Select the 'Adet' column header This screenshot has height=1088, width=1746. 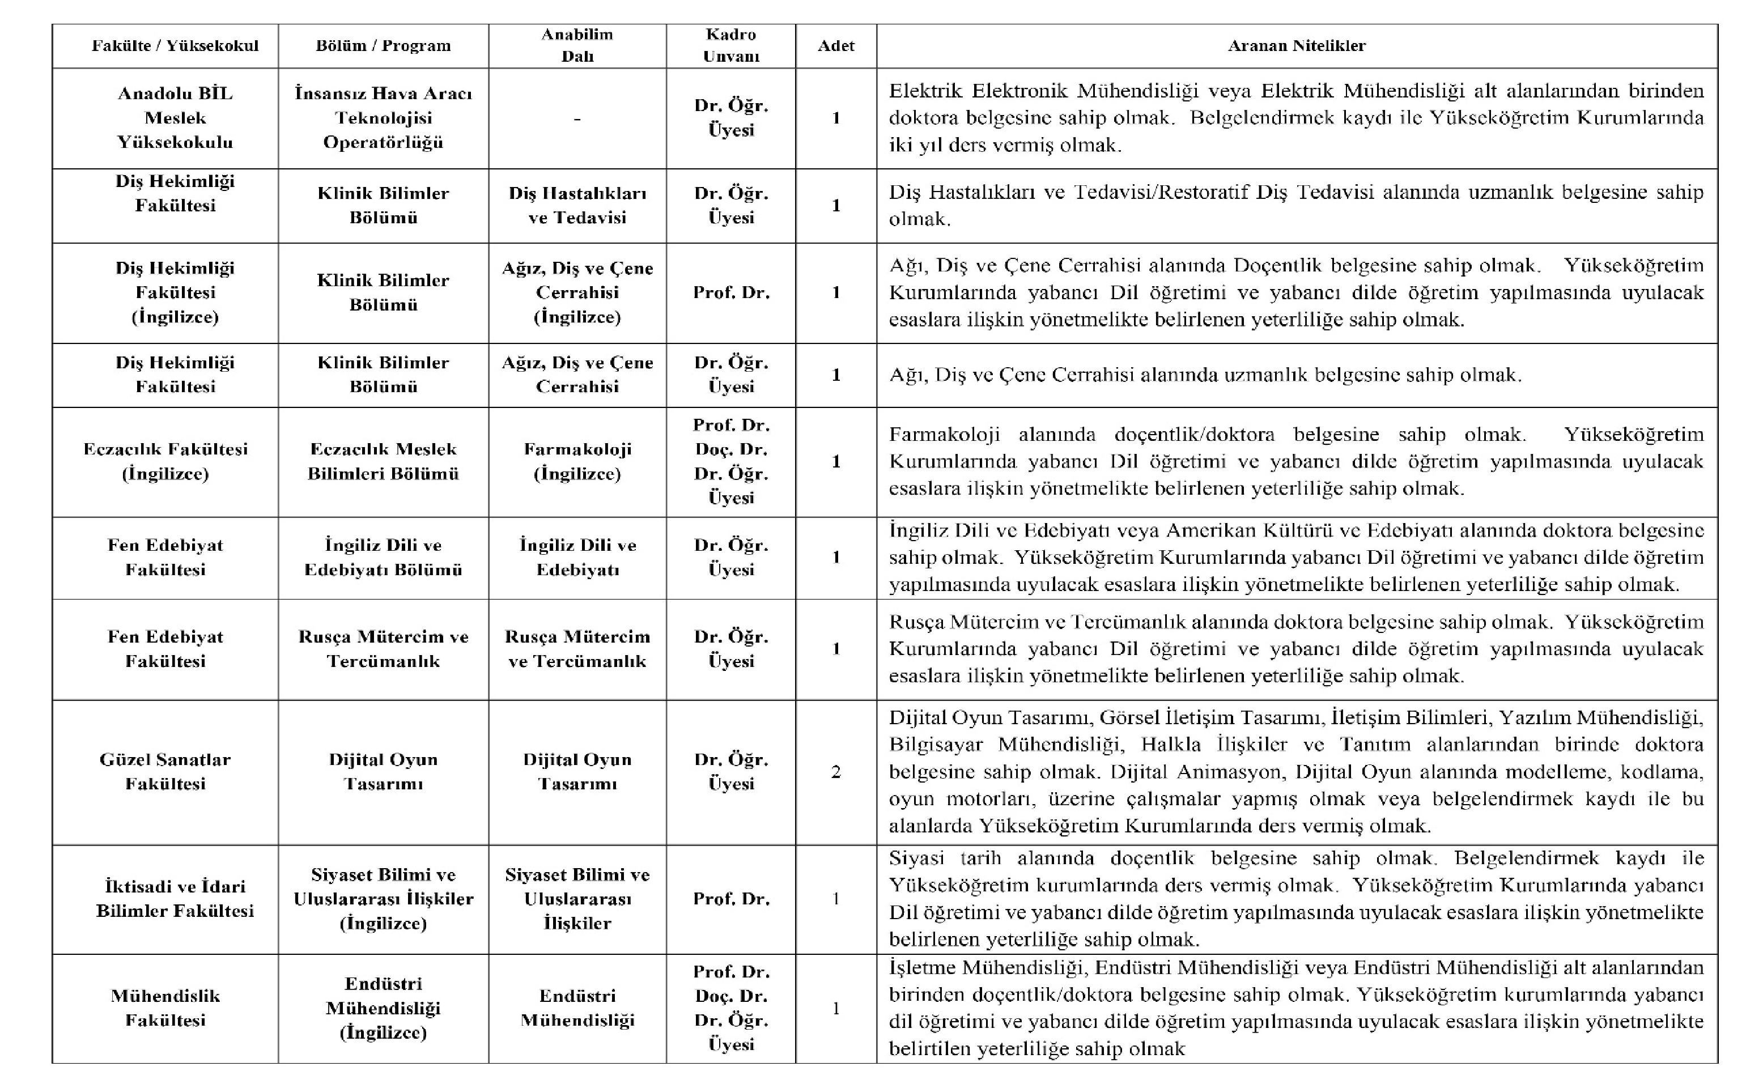point(835,46)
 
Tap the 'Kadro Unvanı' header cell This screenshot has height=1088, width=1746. point(730,45)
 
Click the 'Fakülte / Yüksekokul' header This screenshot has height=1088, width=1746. point(175,46)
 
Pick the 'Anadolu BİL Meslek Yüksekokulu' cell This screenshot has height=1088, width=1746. point(175,118)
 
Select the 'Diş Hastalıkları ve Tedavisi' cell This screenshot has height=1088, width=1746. point(577,205)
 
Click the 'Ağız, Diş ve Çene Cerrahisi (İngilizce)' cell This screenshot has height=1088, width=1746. point(577,292)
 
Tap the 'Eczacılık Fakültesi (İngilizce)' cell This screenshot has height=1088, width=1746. point(165,461)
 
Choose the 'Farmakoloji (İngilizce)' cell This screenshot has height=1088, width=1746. point(577,461)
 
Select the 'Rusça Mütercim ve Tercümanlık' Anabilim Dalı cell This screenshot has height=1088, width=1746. point(577,648)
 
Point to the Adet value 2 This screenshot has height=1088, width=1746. point(835,772)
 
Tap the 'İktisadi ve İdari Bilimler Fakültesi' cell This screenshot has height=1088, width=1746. point(175,898)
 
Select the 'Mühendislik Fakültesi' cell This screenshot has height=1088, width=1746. point(165,1008)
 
